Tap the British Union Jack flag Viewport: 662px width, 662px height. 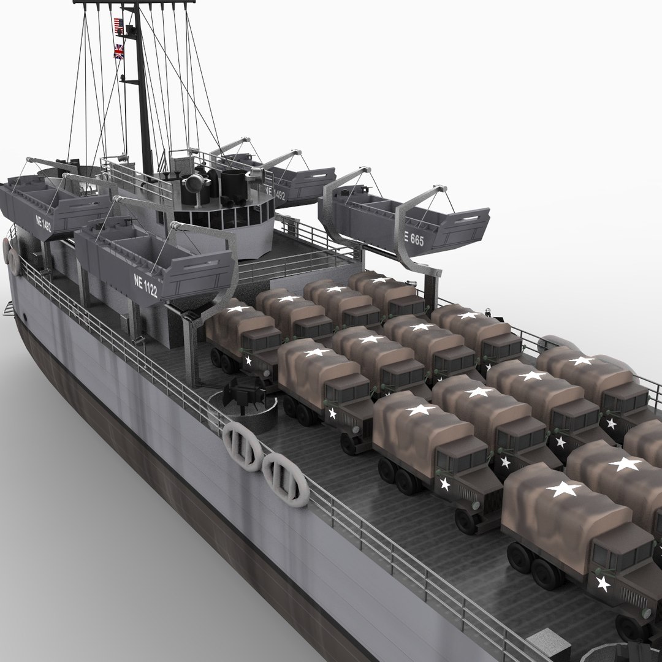pyautogui.click(x=118, y=51)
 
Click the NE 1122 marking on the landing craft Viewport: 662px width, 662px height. pyautogui.click(x=145, y=286)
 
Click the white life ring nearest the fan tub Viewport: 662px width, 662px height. pyautogui.click(x=243, y=446)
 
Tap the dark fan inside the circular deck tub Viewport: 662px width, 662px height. pyautogui.click(x=245, y=392)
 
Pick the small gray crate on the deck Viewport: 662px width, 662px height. pyautogui.click(x=547, y=646)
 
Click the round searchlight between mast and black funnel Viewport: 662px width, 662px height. pyautogui.click(x=195, y=181)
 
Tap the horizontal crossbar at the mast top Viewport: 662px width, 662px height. pyautogui.click(x=134, y=2)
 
